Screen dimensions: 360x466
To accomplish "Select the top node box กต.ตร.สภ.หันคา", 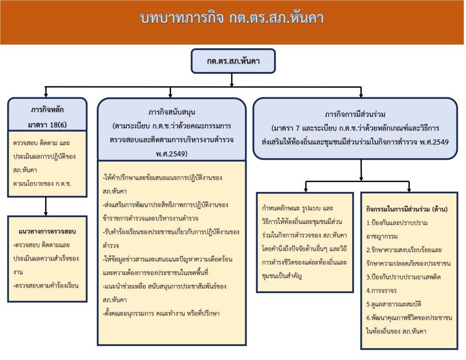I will (x=233, y=61).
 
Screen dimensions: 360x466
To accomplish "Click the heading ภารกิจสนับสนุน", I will (x=172, y=112).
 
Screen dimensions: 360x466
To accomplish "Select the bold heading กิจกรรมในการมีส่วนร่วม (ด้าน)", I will (x=407, y=209).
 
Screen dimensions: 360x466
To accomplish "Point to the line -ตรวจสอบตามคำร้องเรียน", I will (x=46, y=285).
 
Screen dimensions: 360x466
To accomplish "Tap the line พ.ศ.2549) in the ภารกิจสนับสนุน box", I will (x=172, y=153).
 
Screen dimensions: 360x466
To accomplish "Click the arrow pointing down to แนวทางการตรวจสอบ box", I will (x=46, y=212).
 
